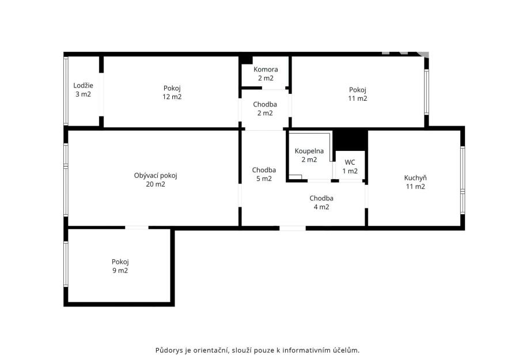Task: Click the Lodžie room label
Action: click(x=83, y=85)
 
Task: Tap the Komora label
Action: click(x=266, y=69)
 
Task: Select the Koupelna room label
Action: click(x=309, y=151)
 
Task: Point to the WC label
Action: click(x=350, y=162)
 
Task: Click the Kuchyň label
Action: click(x=415, y=178)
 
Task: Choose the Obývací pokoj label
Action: click(x=156, y=176)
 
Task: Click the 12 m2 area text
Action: click(x=172, y=97)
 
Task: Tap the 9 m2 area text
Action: click(x=120, y=271)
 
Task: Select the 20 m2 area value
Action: click(x=156, y=184)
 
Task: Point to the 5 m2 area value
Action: click(x=264, y=179)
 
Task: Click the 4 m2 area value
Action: click(x=321, y=207)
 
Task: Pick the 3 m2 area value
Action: click(x=83, y=94)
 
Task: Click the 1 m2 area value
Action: click(x=350, y=171)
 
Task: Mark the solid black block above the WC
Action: click(x=350, y=141)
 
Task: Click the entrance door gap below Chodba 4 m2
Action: click(x=293, y=228)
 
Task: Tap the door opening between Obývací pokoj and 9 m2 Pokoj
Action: click(x=137, y=228)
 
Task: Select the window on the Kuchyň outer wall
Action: click(x=463, y=180)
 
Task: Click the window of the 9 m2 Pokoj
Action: click(x=66, y=264)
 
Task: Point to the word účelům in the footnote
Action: click(x=349, y=350)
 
